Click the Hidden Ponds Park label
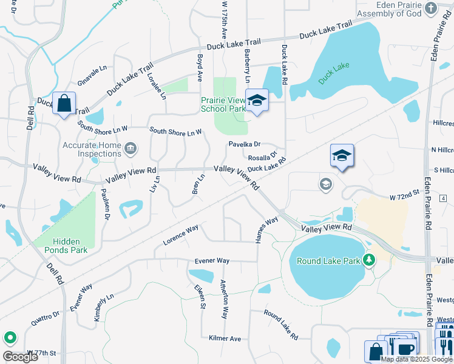tap(61, 245)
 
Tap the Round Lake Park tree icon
tap(368, 261)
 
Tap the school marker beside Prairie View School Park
tap(256, 100)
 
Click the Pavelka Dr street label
tap(244, 144)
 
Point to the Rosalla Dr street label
tap(263, 156)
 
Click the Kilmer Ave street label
tap(225, 339)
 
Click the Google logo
tap(20, 357)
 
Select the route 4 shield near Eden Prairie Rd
tap(444, 198)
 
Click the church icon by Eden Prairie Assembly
tap(431, 8)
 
